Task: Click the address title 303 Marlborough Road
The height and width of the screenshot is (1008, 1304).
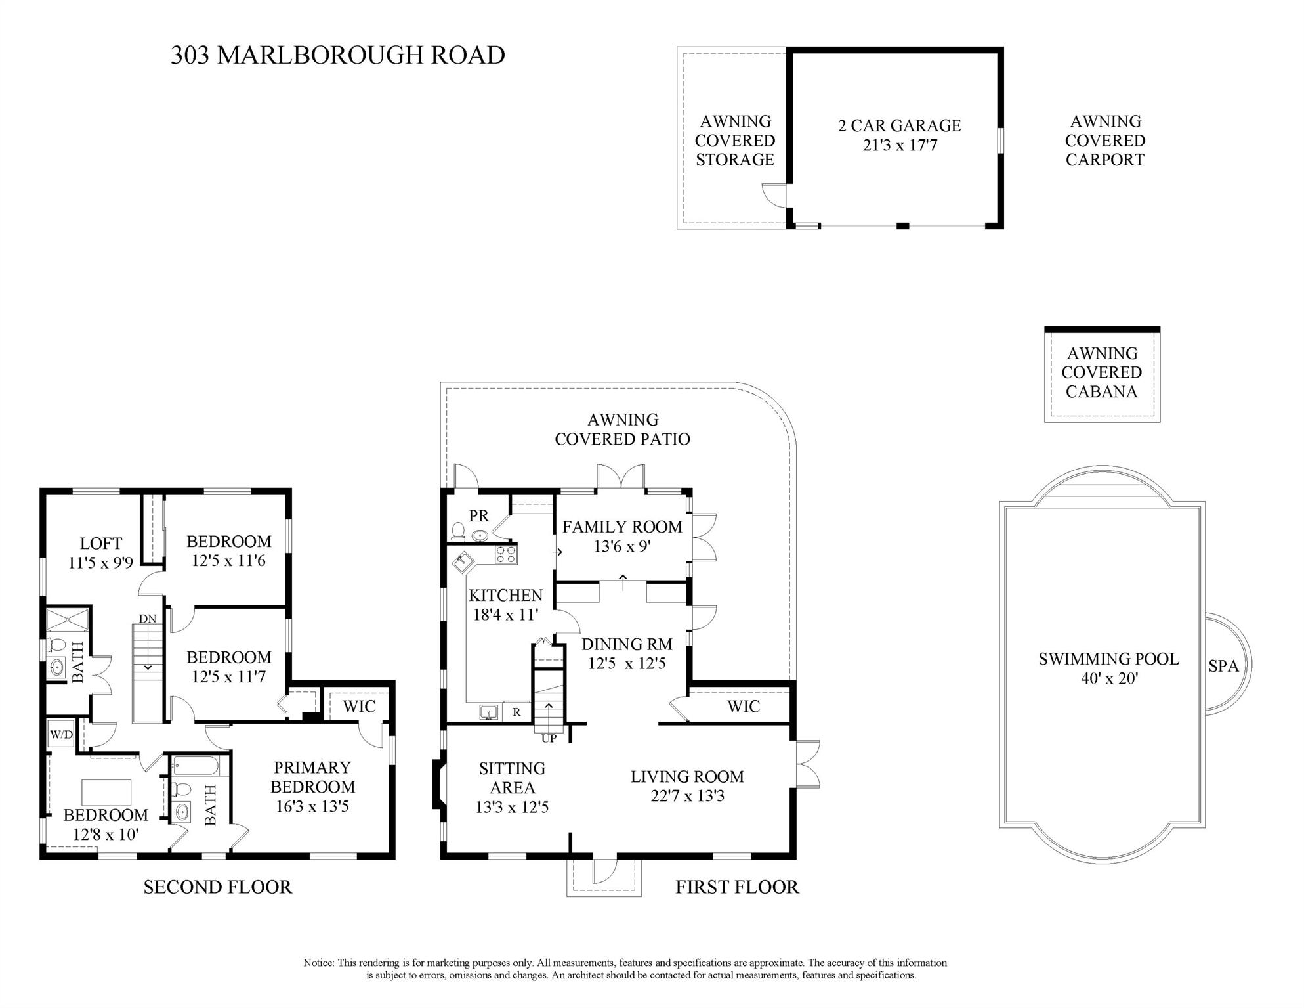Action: (x=337, y=55)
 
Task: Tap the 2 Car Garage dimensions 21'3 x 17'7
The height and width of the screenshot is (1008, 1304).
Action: (x=900, y=145)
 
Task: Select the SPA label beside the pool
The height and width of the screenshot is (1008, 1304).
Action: (x=1223, y=666)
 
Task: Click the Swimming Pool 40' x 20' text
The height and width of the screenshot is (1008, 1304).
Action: (x=1108, y=668)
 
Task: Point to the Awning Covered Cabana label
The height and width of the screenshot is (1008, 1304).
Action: (x=1101, y=372)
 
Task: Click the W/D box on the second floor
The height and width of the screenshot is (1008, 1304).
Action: (x=61, y=734)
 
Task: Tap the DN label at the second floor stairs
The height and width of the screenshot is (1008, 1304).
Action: (x=148, y=619)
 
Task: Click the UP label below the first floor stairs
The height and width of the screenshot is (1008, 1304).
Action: (x=549, y=738)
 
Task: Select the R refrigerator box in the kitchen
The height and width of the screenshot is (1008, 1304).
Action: (x=516, y=712)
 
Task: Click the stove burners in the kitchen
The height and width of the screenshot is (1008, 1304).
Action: (x=505, y=554)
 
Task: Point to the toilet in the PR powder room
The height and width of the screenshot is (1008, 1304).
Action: (x=459, y=529)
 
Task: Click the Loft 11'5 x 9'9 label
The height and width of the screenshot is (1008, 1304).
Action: (x=100, y=553)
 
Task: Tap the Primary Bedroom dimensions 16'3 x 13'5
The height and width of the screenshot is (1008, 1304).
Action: (x=312, y=806)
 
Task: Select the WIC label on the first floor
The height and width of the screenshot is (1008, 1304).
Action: (x=743, y=707)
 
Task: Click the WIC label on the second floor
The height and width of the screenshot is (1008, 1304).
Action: (x=359, y=707)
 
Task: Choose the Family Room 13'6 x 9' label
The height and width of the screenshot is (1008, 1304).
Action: (x=621, y=536)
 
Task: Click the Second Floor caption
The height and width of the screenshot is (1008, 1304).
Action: (x=217, y=887)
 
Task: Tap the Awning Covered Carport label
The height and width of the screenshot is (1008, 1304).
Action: (x=1105, y=141)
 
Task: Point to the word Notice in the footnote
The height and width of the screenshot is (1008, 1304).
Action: (x=318, y=963)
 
